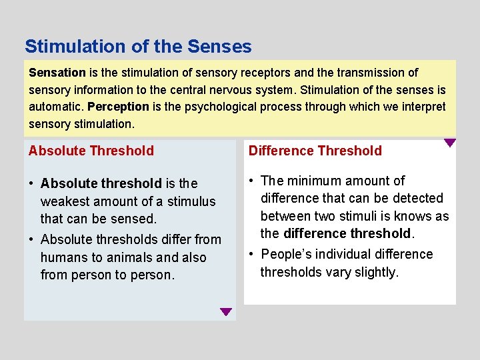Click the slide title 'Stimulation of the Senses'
[138, 47]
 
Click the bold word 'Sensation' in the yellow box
[57, 73]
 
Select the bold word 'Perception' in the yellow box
[118, 107]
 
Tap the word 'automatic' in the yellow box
[55, 107]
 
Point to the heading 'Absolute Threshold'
[91, 151]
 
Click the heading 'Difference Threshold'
[315, 151]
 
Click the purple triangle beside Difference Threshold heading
[450, 143]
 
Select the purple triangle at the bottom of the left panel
[226, 311]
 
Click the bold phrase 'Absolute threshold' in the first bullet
[101, 183]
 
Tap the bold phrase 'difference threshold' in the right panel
[347, 233]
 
